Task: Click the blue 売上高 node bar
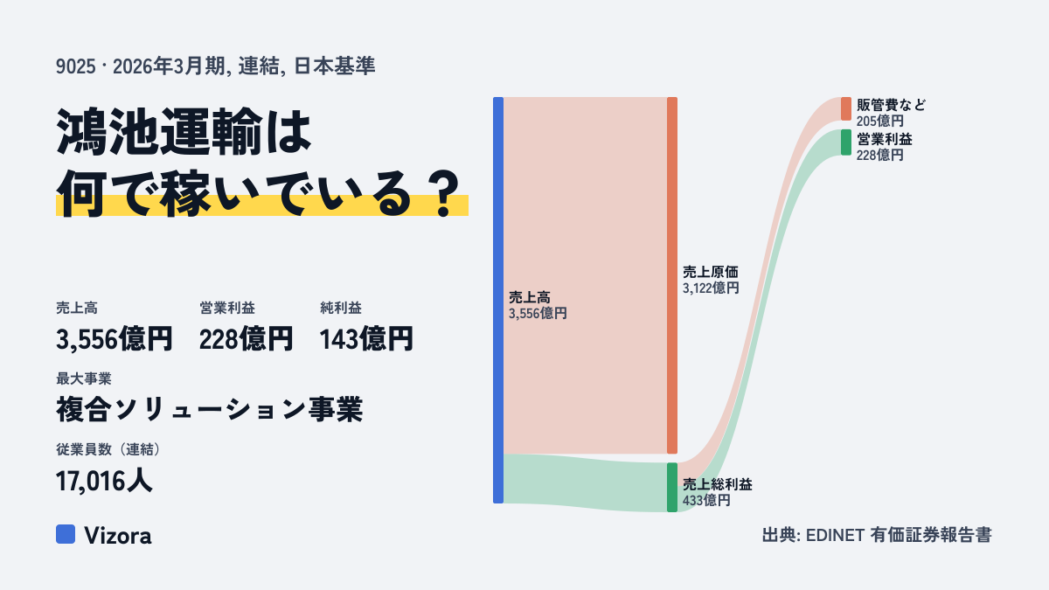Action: tap(498, 300)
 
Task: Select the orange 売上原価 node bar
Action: tap(672, 275)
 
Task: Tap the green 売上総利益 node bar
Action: tap(672, 488)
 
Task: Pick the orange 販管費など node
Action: tap(846, 108)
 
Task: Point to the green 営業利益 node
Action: tap(846, 142)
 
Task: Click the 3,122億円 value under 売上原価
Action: tap(711, 288)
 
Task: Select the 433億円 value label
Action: tap(706, 501)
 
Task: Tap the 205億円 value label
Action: tap(880, 121)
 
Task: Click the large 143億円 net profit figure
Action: tap(366, 339)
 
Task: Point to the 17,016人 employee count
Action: tap(104, 481)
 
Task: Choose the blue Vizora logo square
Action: tap(66, 534)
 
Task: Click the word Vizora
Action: tap(118, 535)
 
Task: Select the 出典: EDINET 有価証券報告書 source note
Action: tap(877, 535)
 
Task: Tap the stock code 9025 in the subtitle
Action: tap(76, 66)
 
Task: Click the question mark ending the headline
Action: tap(444, 193)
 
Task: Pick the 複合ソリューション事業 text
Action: tap(209, 409)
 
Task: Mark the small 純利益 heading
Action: tap(341, 308)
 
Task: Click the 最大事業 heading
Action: tap(84, 378)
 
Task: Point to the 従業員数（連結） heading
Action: tap(108, 449)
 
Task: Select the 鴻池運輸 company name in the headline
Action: tap(159, 132)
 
